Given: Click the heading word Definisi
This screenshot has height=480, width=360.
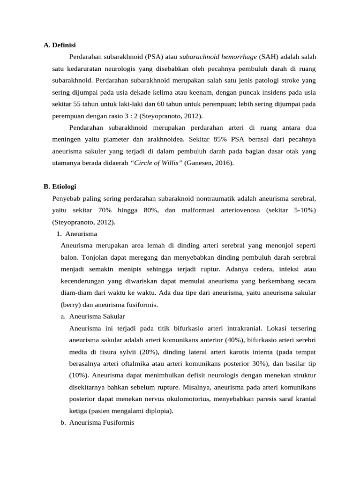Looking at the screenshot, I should (63, 45).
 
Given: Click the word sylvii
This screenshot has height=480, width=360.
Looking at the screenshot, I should (127, 352).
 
